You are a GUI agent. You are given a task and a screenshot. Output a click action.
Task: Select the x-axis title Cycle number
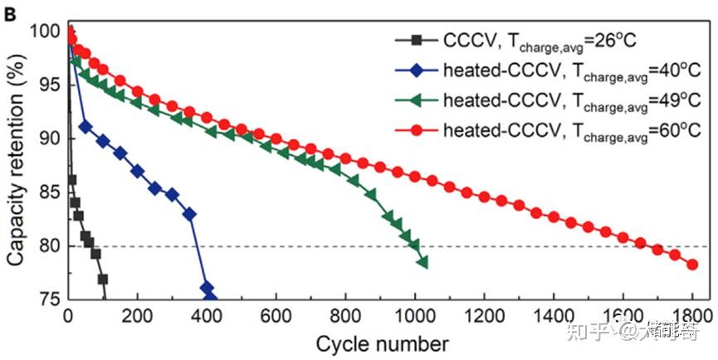point(383,343)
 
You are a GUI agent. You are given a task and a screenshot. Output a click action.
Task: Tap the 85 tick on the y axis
point(47,192)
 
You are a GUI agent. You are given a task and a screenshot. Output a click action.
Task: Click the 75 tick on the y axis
point(47,299)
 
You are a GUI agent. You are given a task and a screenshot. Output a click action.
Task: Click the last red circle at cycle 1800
point(691,265)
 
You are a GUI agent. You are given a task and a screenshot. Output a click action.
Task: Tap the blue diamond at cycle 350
point(189,214)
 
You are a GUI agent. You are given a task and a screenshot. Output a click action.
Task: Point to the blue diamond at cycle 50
point(85,127)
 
